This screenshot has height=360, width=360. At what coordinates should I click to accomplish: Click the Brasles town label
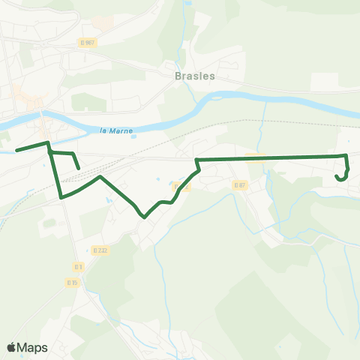[x=194, y=76]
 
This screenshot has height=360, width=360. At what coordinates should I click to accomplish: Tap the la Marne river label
[x=116, y=130]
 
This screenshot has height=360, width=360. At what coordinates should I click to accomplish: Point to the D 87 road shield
[x=239, y=184]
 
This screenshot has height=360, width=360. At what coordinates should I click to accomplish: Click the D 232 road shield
[x=101, y=250]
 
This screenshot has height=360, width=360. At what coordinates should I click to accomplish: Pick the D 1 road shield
[x=78, y=266]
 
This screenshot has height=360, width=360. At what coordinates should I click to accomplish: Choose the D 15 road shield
[x=72, y=282]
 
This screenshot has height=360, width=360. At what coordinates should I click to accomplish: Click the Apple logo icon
[x=11, y=347]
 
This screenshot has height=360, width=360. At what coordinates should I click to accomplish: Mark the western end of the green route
[x=16, y=150]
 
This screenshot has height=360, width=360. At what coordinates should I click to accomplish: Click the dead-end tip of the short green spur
[x=79, y=169]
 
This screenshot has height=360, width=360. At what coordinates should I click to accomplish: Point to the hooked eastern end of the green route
[x=336, y=175]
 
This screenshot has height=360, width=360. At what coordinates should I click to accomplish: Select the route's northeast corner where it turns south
[x=346, y=155]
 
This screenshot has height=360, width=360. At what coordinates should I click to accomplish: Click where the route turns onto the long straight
[x=196, y=160]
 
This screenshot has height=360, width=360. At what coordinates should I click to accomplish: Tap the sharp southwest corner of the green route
[x=61, y=197]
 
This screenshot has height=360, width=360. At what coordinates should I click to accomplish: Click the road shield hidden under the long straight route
[x=255, y=157]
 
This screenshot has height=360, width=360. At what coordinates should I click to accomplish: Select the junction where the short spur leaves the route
[x=50, y=152]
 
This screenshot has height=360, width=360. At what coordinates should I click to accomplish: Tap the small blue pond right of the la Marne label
[x=158, y=178]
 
